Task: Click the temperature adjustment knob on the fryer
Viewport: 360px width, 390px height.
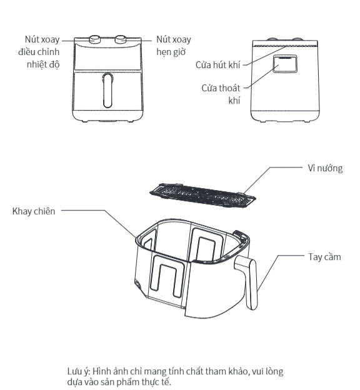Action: tap(95, 39)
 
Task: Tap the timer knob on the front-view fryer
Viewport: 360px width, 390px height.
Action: tap(121, 39)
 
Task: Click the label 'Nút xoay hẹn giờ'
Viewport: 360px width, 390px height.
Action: tap(174, 46)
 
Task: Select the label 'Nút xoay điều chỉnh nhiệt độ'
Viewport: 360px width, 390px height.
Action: tap(39, 52)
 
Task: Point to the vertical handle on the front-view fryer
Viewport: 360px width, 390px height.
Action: tap(107, 90)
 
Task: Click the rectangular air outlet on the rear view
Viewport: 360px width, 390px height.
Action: tap(285, 64)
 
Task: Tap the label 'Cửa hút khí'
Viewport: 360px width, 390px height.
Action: tap(217, 65)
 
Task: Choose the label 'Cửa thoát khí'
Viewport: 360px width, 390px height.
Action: tap(221, 94)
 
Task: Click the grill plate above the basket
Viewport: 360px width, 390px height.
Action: tap(202, 196)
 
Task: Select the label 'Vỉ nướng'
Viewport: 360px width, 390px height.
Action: tap(325, 168)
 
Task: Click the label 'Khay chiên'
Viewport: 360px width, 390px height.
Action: tap(34, 211)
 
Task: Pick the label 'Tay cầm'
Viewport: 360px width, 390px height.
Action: tap(324, 257)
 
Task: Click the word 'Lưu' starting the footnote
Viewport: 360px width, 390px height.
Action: tap(74, 371)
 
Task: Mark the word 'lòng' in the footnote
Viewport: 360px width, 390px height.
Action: tap(275, 372)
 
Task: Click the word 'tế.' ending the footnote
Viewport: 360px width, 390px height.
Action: tap(167, 382)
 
